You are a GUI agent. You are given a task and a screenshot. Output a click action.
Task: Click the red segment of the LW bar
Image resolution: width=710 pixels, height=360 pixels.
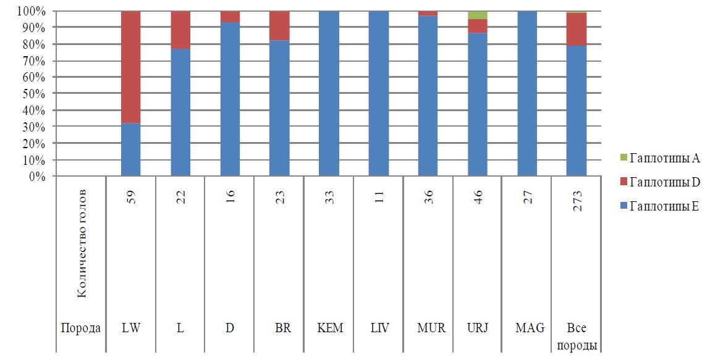131,67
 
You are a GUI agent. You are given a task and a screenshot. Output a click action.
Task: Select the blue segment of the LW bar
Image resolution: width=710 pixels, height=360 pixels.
131,149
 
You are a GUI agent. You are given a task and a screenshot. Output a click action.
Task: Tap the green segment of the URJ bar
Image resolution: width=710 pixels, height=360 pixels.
478,15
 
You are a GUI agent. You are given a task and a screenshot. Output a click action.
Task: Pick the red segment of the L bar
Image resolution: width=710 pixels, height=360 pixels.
180,30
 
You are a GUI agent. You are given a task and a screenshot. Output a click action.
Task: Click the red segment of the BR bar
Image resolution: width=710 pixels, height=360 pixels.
279,26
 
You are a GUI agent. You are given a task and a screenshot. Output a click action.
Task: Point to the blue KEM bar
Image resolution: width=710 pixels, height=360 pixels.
329,94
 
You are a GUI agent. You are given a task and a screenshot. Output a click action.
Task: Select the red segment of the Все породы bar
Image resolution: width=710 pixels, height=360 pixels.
577,30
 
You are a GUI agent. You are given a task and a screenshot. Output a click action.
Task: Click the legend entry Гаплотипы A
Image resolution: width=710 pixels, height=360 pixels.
659,158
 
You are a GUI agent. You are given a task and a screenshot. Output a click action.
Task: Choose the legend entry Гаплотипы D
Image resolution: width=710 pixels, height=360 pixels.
660,182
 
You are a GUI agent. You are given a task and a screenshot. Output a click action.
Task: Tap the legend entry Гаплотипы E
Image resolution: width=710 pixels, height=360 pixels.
659,207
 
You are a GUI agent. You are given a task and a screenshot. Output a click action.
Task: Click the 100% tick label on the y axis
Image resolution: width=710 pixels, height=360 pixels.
32,11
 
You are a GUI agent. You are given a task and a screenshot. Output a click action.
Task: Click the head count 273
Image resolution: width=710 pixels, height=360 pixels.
577,201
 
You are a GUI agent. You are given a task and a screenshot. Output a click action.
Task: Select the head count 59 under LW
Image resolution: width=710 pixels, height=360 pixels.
132,198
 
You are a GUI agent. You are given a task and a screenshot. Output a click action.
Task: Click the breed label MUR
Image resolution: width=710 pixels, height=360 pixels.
431,328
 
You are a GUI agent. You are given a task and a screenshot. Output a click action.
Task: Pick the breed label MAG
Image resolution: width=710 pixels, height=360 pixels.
530,328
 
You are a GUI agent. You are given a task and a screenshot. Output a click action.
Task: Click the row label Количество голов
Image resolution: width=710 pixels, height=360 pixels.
82,244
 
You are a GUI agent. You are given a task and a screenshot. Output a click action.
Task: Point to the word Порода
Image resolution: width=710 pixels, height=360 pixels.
80,328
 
